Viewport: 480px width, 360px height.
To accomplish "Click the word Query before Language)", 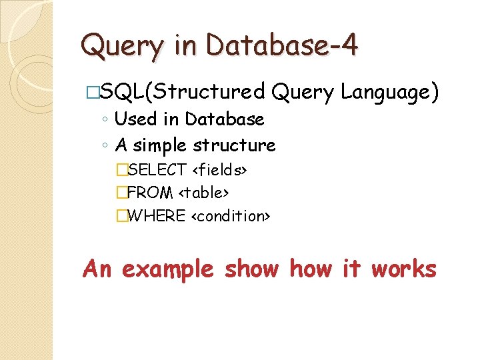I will coord(303,93).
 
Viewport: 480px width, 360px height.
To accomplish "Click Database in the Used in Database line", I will coord(225,119).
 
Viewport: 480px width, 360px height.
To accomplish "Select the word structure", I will coord(234,145).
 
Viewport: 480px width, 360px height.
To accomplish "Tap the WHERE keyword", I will coord(155,215).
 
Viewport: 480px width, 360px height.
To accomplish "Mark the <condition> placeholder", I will coord(231,215).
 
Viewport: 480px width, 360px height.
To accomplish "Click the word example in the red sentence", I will coord(167,269).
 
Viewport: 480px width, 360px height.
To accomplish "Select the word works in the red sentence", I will coord(404,269).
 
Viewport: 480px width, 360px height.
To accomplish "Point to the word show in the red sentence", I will coord(251,269).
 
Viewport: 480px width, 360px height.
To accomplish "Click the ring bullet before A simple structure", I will coord(105,145).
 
